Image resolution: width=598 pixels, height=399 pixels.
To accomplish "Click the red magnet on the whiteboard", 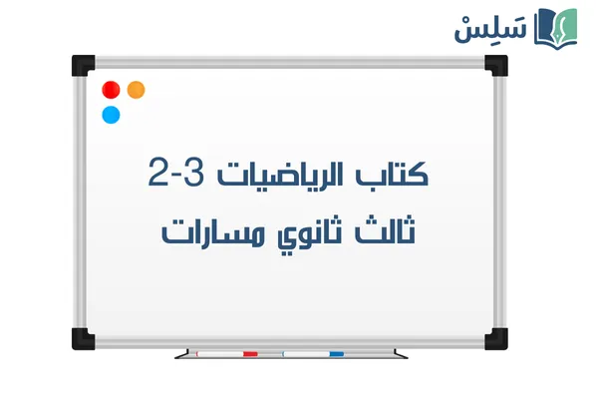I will coord(112,90).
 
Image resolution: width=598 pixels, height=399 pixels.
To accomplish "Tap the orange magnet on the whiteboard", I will coord(137,89).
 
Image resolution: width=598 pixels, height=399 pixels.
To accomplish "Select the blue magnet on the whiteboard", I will coord(112,114).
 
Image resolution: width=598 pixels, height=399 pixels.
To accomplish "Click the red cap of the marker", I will coord(250,353).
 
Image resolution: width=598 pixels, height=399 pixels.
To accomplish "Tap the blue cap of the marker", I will coord(336,353).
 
